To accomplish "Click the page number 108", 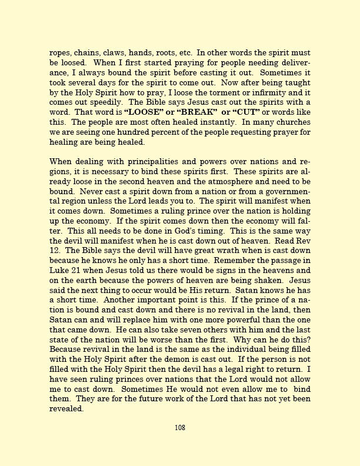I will coord(180,428).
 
